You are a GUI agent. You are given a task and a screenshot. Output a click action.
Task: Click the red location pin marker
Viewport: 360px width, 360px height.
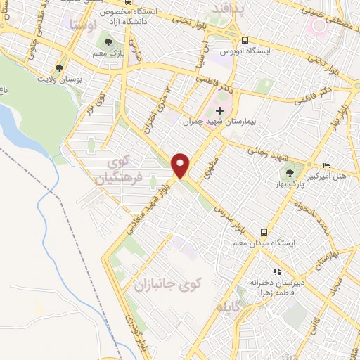(x=181, y=165)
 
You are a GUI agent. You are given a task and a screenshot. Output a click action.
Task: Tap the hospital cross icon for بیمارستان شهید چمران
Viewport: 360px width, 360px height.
(x=220, y=110)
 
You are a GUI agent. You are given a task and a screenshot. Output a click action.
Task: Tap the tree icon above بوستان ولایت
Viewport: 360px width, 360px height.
(x=60, y=68)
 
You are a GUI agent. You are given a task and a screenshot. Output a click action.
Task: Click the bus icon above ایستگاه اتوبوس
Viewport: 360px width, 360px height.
(x=244, y=40)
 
